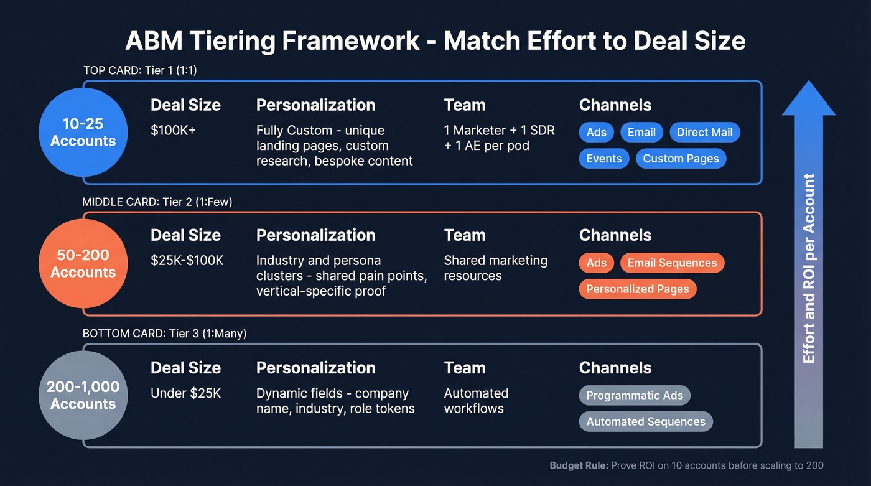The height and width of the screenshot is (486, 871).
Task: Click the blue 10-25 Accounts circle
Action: (83, 133)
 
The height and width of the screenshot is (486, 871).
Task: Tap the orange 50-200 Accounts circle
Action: (83, 263)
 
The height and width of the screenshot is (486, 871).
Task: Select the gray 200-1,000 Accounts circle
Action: (83, 395)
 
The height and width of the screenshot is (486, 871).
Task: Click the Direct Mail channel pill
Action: (704, 132)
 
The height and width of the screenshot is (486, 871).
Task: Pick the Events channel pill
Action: (603, 158)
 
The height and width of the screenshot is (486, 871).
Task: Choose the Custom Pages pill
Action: (681, 158)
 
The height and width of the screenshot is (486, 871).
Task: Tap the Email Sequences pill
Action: (672, 263)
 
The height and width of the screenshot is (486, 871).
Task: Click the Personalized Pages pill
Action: (637, 289)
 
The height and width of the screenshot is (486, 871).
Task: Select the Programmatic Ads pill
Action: (634, 395)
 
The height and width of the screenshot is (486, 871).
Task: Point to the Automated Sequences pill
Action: (645, 421)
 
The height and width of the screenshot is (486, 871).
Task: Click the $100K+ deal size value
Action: (173, 131)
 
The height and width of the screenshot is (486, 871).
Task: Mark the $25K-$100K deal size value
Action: (187, 261)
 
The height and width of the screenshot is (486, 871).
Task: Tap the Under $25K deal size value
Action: (185, 393)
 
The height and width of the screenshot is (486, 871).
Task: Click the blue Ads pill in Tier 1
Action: (596, 132)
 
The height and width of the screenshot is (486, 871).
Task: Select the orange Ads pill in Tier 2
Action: (596, 263)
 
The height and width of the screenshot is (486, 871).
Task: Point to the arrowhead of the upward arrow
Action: (808, 100)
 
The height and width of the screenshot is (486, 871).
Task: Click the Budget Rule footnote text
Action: (686, 465)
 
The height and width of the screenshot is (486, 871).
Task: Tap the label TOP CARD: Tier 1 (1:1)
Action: (140, 70)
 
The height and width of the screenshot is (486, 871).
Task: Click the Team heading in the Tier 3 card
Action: (464, 368)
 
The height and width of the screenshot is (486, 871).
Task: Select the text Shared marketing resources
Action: (495, 268)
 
